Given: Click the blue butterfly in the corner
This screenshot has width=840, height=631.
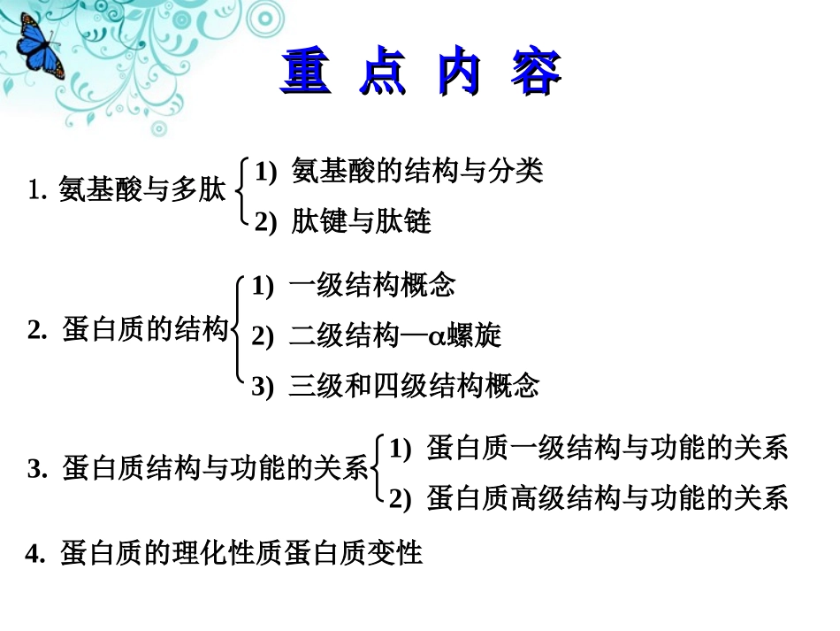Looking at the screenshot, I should tap(35, 48).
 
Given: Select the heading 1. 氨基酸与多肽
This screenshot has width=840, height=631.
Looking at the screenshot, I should tap(126, 189).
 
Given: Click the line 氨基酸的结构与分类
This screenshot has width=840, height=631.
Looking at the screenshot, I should tap(416, 171).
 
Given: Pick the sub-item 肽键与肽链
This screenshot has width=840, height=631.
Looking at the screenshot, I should tap(361, 221).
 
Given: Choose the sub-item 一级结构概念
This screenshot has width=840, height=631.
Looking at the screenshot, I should tap(371, 285).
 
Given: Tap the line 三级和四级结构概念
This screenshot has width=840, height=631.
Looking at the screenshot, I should tap(413, 386).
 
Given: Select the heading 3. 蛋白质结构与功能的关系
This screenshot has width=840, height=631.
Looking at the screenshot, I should tap(198, 468).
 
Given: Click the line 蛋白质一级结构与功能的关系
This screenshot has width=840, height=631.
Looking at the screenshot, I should tap(606, 449).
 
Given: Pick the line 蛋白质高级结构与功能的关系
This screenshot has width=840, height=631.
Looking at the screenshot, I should tap(606, 499).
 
